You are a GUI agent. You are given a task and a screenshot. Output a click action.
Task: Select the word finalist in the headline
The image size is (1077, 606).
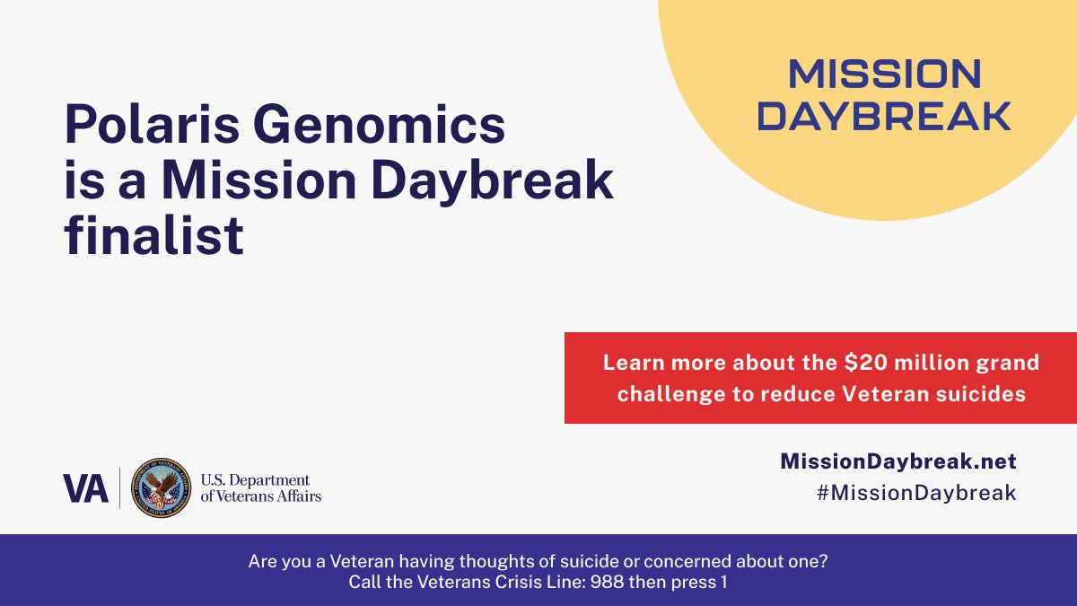point(153,235)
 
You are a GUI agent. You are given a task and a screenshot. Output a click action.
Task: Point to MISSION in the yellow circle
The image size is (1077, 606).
point(884,75)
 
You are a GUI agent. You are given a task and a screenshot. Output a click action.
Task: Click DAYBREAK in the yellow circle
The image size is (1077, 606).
point(884,116)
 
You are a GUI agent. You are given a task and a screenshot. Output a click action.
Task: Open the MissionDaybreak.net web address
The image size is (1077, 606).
point(897,461)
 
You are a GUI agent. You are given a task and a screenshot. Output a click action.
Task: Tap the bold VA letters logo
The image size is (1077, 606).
point(85,487)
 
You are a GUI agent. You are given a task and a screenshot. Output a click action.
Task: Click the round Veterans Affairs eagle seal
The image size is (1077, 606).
point(162,487)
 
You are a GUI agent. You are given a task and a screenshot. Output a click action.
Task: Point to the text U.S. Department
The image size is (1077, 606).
point(254,480)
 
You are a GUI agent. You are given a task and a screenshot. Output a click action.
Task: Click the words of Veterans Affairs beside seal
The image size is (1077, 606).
point(260,496)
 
